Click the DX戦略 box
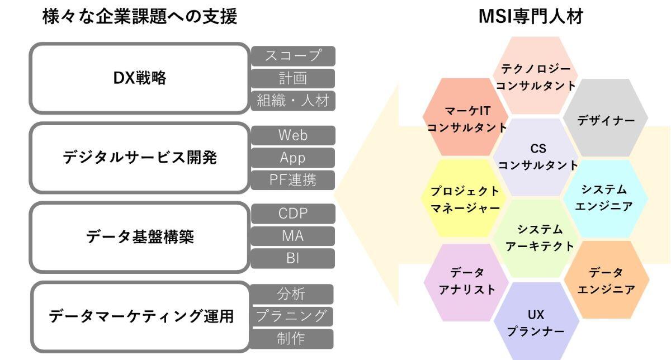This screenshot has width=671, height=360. pos(140,78)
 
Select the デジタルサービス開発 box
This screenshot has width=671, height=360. pos(140,158)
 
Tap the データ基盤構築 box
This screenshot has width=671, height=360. pos(140,237)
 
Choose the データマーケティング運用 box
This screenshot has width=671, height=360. pos(140,316)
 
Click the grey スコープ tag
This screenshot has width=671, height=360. pos(293,56)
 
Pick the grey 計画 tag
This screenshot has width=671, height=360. pos(293,78)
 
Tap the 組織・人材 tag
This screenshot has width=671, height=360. pos(293,101)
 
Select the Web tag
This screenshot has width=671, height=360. pos(293,135)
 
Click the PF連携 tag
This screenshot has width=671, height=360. pos(292,180)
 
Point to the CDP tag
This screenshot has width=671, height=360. pos(293,214)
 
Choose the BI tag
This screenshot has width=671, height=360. pos(292,258)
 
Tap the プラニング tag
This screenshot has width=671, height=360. pos(291,316)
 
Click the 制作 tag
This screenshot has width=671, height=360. pos(291,339)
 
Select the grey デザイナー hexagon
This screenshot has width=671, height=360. pos(606,118)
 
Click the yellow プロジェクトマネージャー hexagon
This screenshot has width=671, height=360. pos(464,198)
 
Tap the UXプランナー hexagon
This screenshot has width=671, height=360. pos(536,321)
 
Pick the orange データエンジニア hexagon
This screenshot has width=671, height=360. pos(606,280)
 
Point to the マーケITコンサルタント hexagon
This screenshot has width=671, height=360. pos(465,117)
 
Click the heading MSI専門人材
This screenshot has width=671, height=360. pos(531,16)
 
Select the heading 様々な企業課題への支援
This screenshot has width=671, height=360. pos(140,16)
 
